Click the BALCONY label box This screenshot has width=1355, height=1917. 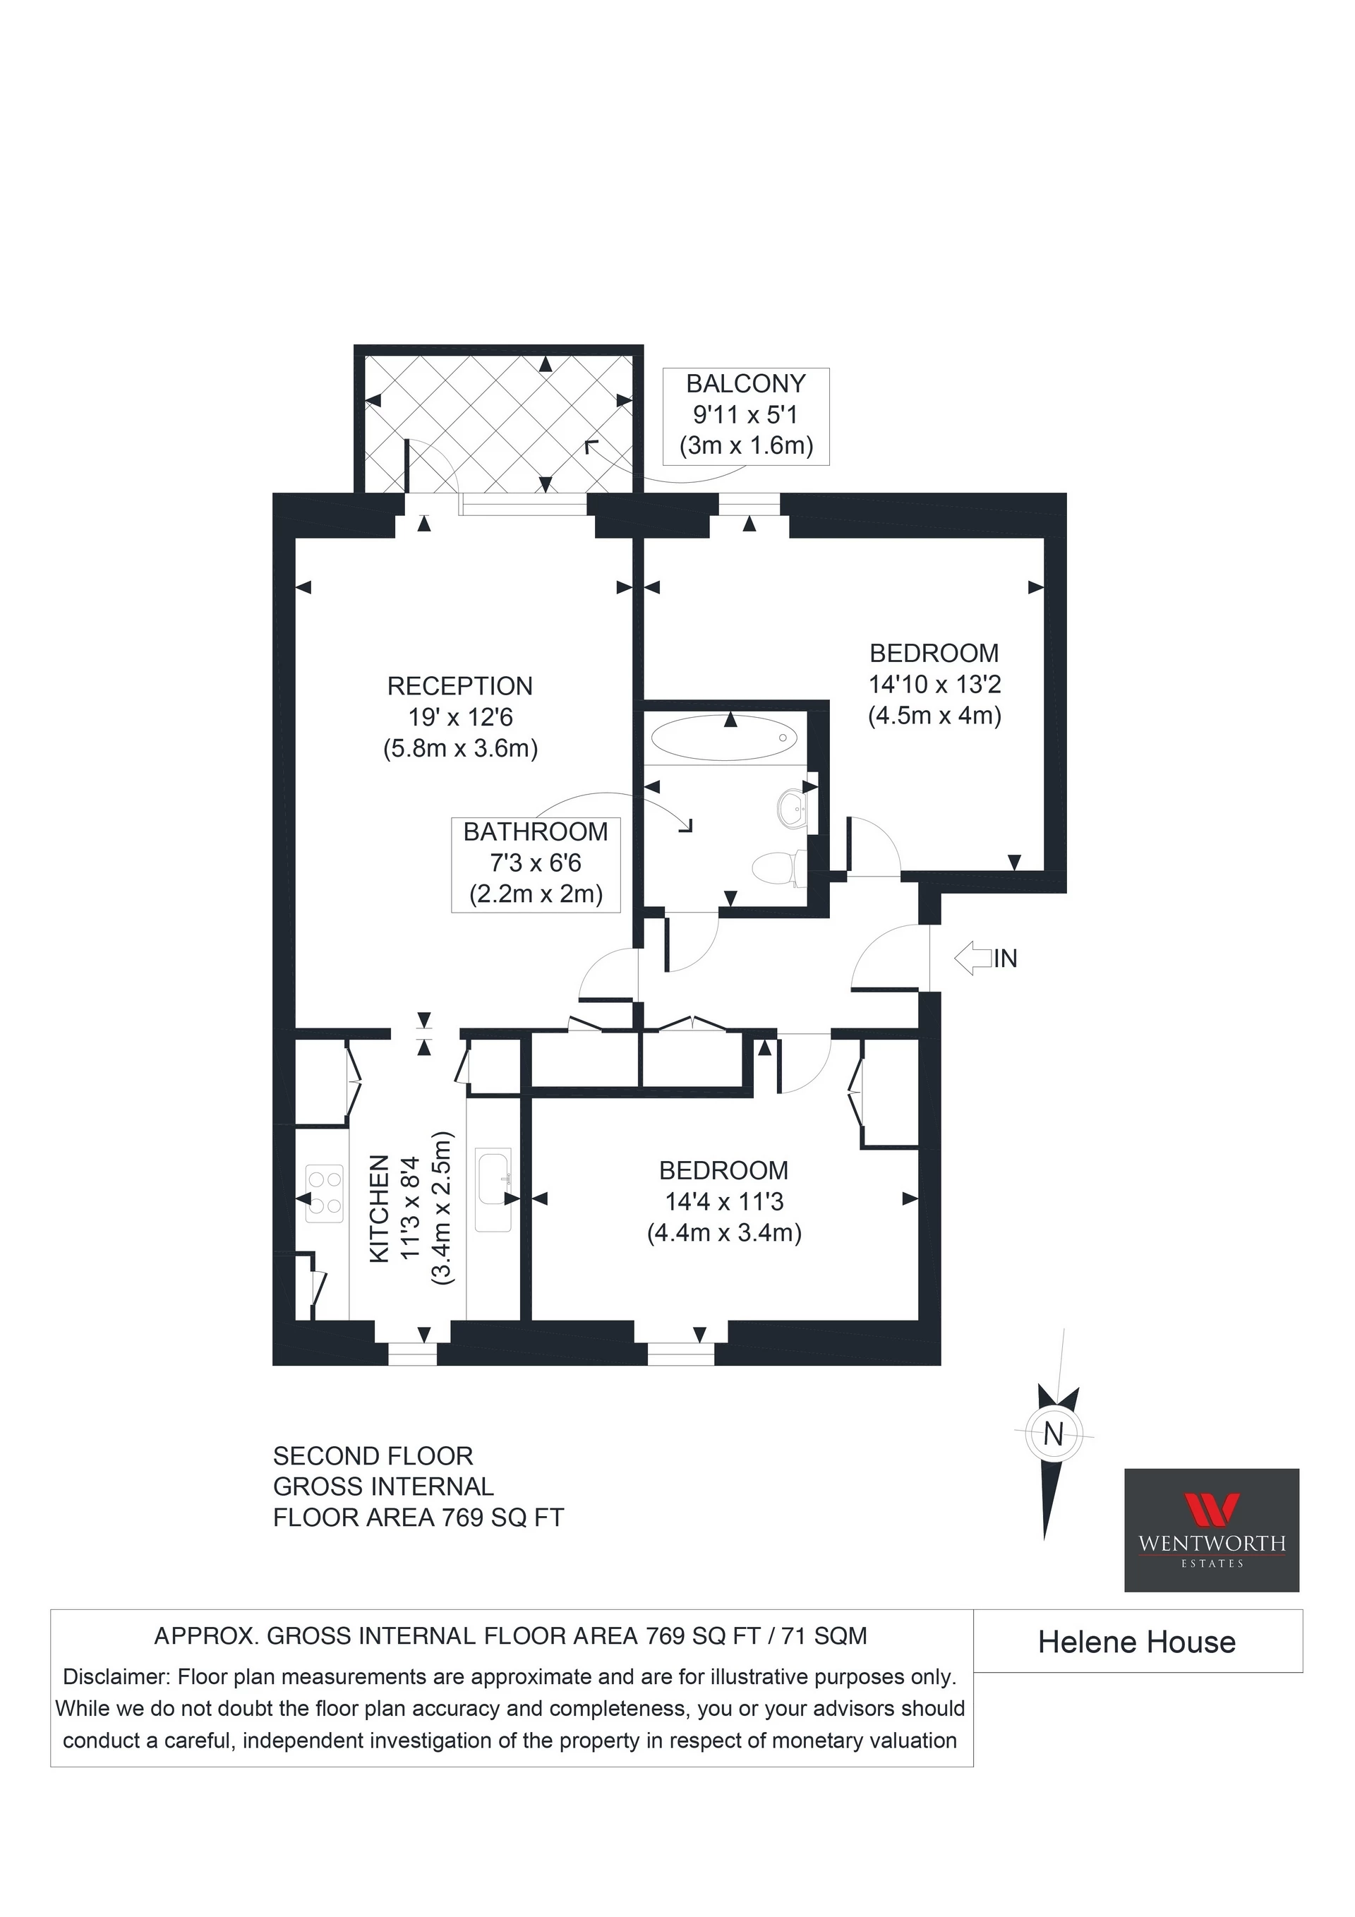point(745,416)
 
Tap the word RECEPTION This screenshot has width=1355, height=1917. point(459,685)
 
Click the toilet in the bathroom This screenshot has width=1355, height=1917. point(777,868)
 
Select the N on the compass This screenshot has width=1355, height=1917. point(1053,1434)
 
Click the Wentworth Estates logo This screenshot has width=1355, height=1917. point(1212,1530)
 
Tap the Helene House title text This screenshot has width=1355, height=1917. point(1136,1642)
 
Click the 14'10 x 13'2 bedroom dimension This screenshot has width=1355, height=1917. point(934,685)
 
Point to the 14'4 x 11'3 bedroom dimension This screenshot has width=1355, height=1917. point(724,1201)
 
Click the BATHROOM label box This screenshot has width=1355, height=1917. point(535,863)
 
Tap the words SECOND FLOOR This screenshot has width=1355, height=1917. point(373,1456)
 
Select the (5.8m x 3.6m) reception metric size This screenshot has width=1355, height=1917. point(460,748)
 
